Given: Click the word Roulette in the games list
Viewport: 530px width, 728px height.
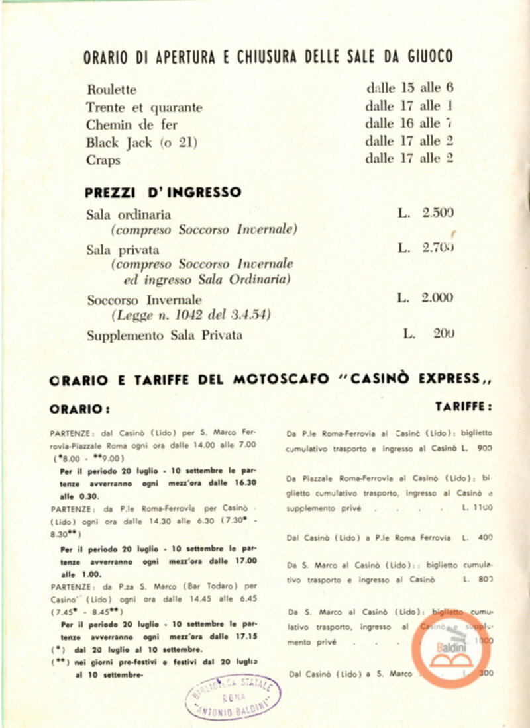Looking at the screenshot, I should [111, 89].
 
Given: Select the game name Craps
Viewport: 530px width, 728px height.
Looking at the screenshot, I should [103, 160].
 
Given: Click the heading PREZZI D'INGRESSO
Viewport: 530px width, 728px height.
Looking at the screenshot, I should [163, 193].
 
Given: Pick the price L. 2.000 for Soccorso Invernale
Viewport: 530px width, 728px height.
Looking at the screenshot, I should [425, 298].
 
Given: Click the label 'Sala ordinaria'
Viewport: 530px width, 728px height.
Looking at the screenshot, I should [129, 214].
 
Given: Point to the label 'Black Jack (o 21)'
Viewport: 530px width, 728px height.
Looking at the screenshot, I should [142, 142].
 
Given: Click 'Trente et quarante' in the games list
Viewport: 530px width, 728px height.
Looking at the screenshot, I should [144, 107].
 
